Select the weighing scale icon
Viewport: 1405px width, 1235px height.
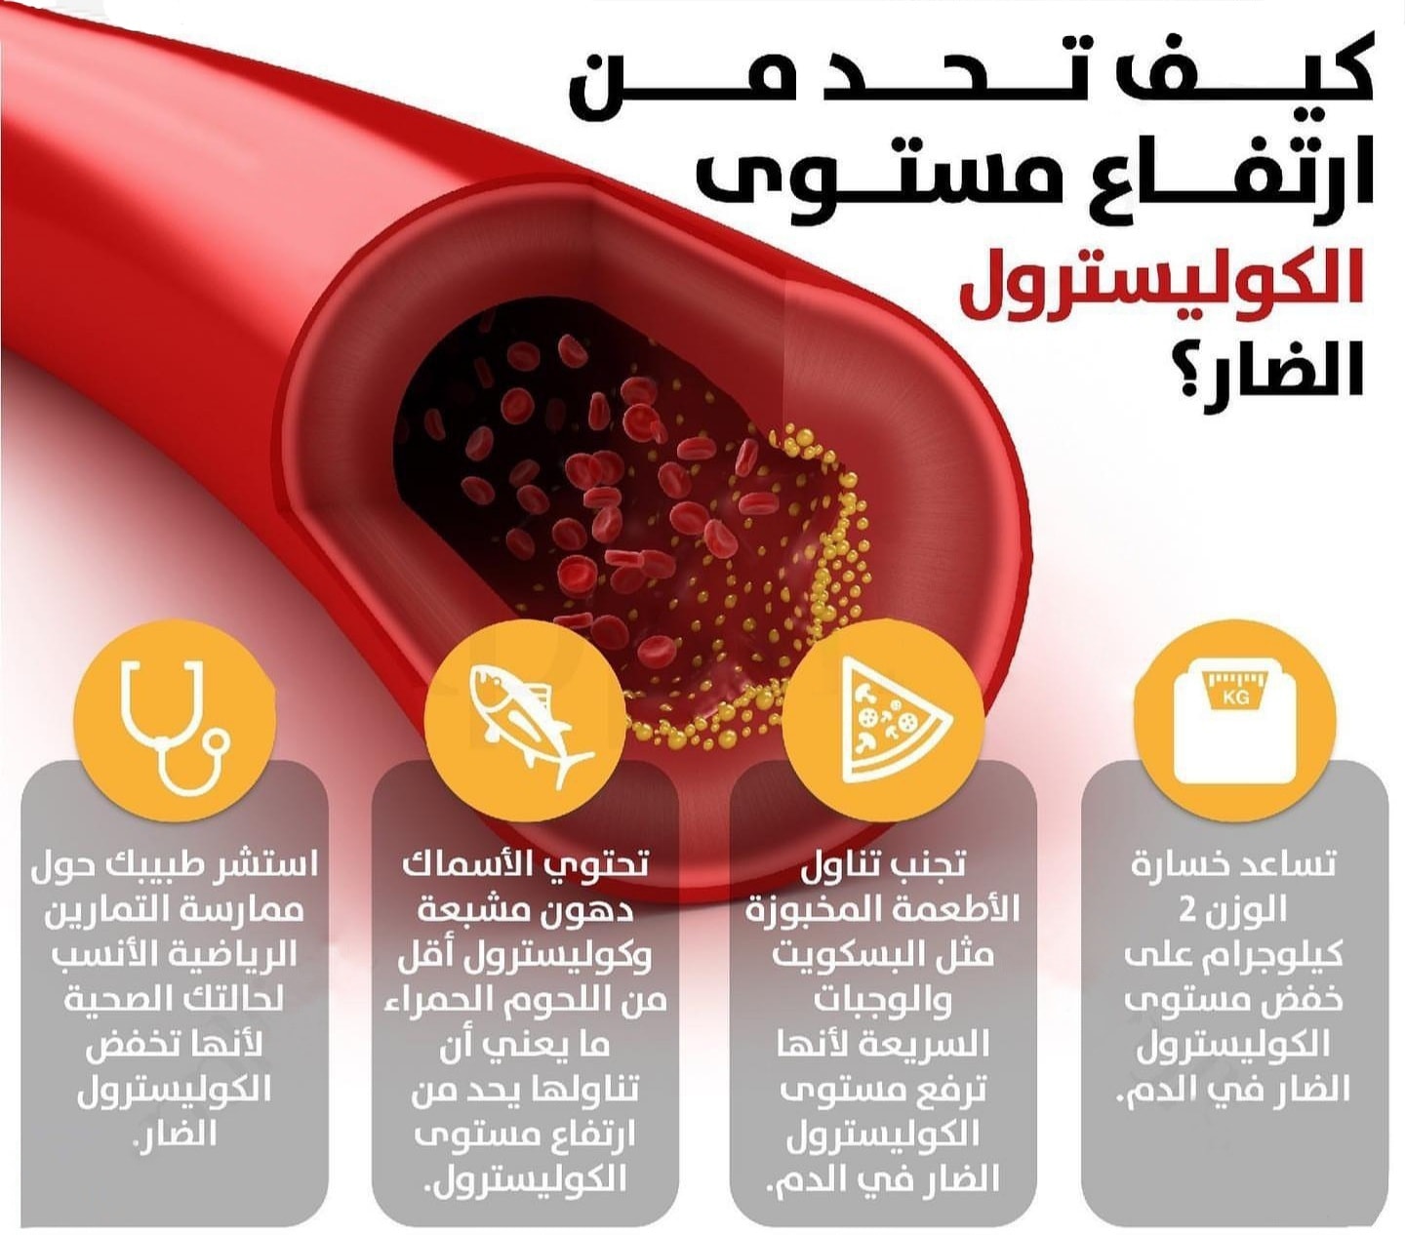coord(1234,722)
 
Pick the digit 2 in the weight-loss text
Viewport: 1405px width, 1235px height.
coord(1189,909)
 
